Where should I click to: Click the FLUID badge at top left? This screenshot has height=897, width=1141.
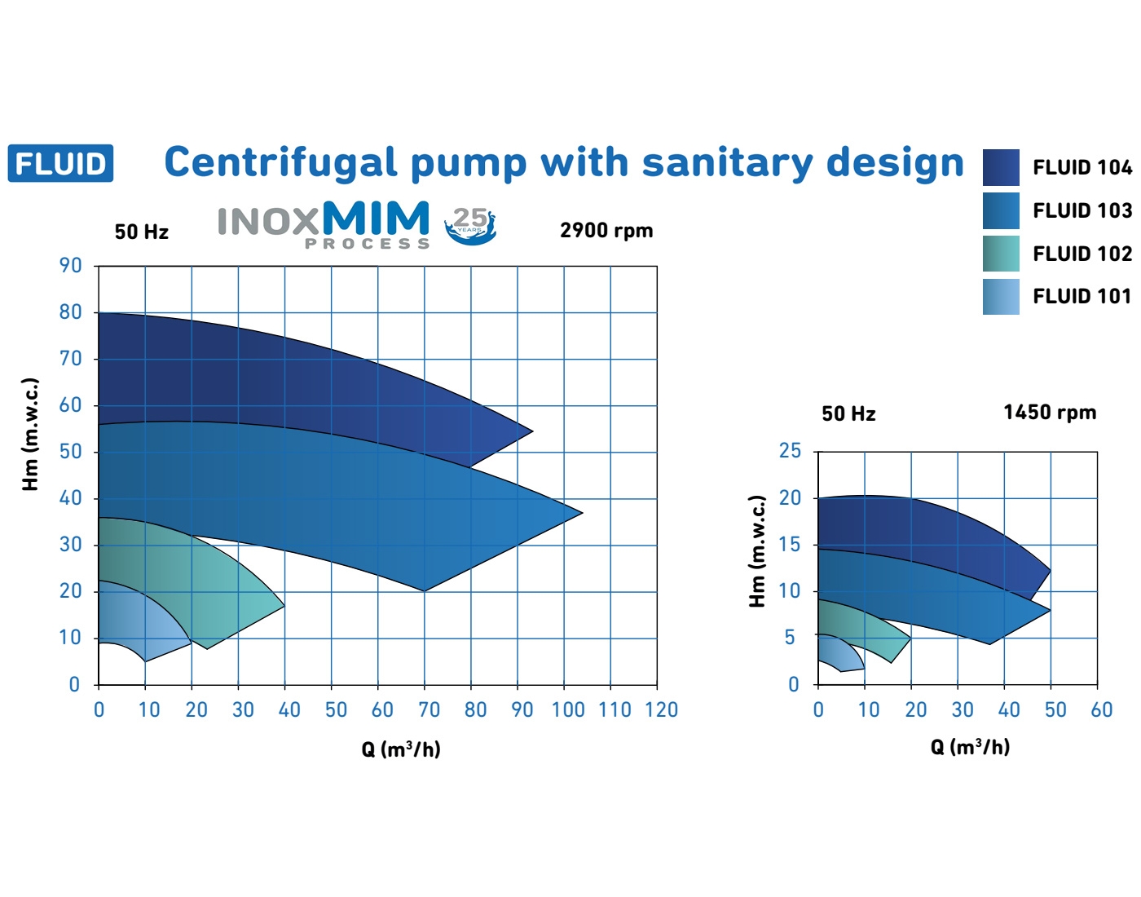point(60,163)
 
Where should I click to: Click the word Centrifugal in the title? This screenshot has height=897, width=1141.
point(280,163)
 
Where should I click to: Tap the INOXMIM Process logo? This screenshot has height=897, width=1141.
point(324,224)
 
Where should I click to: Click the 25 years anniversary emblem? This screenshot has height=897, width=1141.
point(470,225)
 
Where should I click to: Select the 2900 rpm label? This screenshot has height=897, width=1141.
point(606,231)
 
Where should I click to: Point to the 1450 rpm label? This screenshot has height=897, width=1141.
point(1050,413)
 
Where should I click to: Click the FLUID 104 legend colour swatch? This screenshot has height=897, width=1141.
point(1001,167)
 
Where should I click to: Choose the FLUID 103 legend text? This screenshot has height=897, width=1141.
point(1082,210)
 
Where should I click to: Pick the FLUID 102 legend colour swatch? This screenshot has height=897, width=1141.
point(1001,254)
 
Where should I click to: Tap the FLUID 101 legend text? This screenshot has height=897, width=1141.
point(1082,297)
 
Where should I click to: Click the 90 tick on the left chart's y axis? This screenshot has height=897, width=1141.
point(71,266)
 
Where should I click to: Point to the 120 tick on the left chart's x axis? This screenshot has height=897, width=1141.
point(661,710)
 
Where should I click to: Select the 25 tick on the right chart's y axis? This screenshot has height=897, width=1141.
point(790,451)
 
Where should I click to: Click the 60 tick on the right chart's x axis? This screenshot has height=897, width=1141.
point(1101,710)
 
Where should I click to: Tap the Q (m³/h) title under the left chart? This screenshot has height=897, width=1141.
point(401,749)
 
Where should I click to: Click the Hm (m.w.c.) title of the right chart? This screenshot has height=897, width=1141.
point(758,551)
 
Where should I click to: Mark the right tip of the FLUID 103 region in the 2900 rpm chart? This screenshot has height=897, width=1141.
point(580,513)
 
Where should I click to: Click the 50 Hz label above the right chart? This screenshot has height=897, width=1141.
point(848,414)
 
